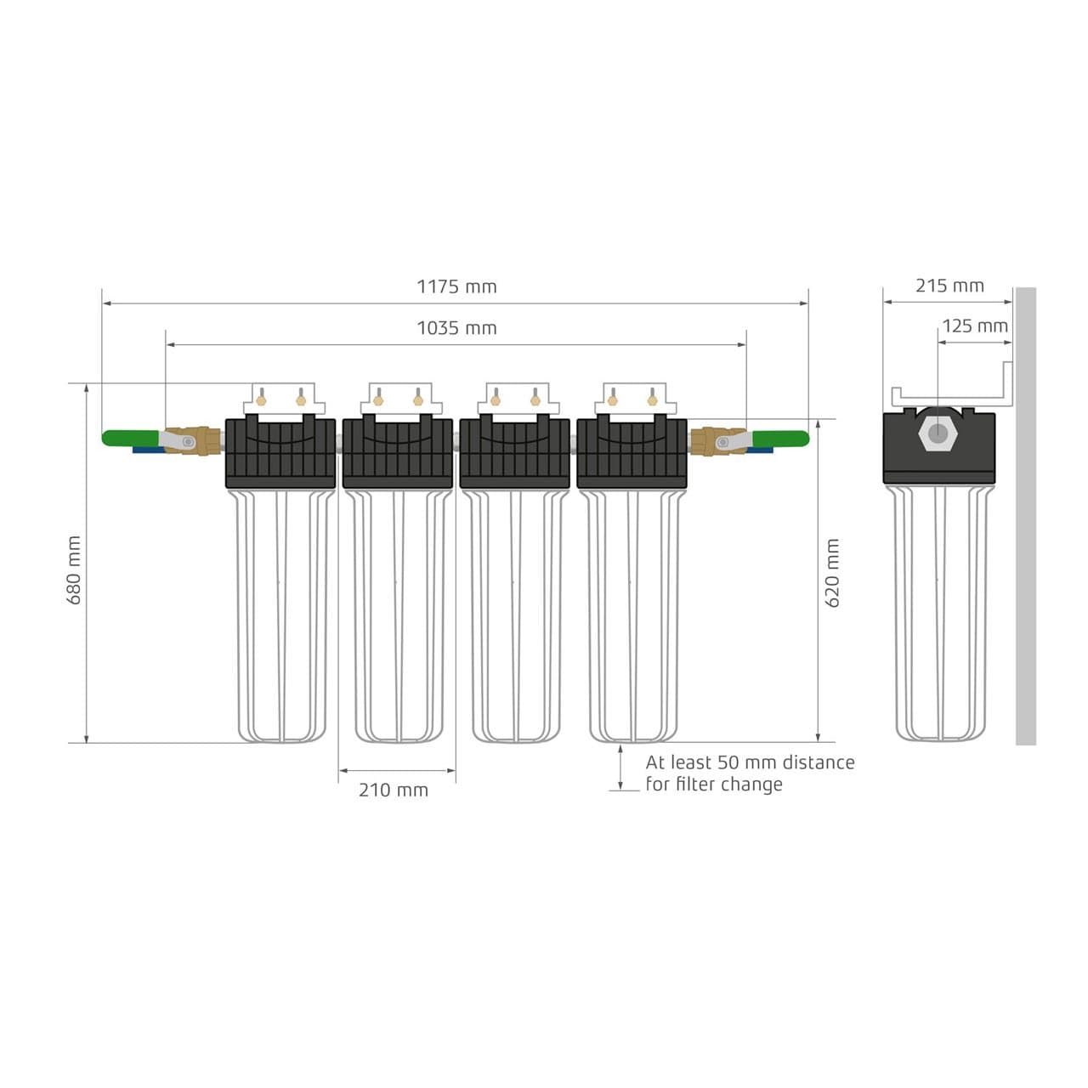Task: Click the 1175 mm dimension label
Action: coord(456,286)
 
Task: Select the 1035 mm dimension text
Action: coord(456,328)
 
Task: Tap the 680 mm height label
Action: coord(75,570)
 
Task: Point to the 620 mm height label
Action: coord(832,573)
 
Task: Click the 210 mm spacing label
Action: coord(393,790)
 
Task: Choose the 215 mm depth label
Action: coord(949,286)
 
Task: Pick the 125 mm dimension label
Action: coord(974,326)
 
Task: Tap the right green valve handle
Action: coord(781,439)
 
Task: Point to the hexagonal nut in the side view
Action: coord(938,433)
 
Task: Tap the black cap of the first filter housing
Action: coord(280,454)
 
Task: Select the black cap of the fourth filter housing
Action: coord(632,454)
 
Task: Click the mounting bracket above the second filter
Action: coord(398,398)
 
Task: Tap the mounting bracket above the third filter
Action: coord(515,398)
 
